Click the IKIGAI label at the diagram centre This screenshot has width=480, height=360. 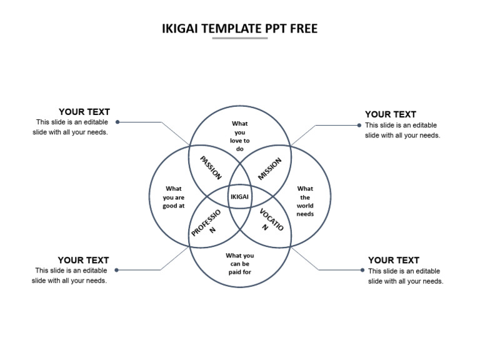pos(239,197)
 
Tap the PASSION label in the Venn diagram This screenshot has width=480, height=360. pos(211,168)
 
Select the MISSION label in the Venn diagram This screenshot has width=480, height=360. pos(270,169)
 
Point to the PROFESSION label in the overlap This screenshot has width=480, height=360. pos(207,224)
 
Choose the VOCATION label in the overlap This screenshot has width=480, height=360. pos(271,220)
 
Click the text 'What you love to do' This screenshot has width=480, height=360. pos(239,136)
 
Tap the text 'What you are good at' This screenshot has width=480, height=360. pos(173,197)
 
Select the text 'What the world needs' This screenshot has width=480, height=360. pos(305,201)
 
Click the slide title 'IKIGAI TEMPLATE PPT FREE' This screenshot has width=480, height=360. pos(239,29)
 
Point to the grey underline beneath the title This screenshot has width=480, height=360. pos(239,39)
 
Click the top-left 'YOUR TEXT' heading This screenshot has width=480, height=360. pos(84,112)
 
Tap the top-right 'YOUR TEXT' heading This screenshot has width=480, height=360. pos(391,114)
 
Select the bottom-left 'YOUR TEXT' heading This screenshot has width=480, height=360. pos(83,260)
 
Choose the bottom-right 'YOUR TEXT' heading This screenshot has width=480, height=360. pos(394,260)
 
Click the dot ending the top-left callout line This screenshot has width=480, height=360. pos(117,122)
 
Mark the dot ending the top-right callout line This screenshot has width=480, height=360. pos(359,125)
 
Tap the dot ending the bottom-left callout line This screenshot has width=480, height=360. pos(117,270)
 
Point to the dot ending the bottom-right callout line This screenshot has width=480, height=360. pos(362,270)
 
